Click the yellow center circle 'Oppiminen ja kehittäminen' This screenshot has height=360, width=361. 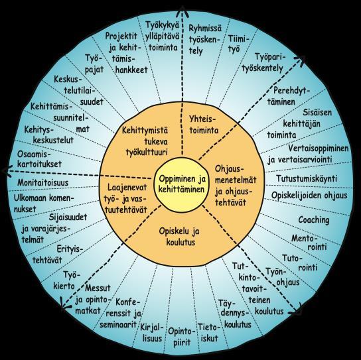point(179,185)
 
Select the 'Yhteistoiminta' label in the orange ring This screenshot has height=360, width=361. point(204,125)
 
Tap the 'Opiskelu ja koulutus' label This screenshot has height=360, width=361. point(180,237)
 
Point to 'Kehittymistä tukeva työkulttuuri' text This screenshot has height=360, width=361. point(145,141)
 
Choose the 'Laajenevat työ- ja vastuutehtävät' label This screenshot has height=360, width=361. point(125,198)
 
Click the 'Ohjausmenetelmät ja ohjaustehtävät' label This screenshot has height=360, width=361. point(236,186)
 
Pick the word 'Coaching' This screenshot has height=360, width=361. point(314,220)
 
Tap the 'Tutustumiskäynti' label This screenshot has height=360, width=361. point(307,178)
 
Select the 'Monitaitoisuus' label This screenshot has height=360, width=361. point(43,182)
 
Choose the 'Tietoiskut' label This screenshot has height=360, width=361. point(208,333)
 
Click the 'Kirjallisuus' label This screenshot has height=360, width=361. point(152,333)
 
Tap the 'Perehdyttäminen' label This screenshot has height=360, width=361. point(289,96)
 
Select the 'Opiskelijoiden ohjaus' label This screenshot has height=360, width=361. point(309,196)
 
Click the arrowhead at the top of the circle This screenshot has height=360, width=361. point(182,11)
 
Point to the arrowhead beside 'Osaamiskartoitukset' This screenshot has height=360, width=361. point(7,171)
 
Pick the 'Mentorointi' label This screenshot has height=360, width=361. point(309,243)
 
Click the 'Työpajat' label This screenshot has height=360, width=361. point(94,64)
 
